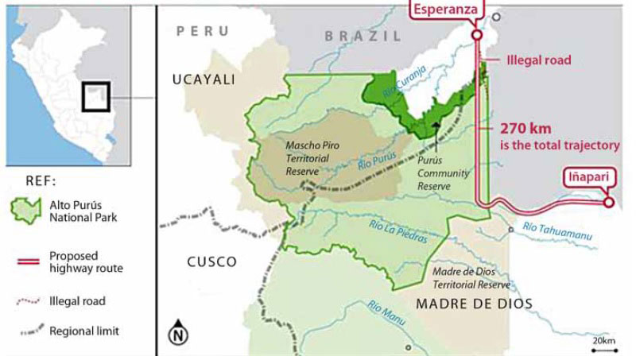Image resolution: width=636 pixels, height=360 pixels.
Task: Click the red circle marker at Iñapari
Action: point(609,203)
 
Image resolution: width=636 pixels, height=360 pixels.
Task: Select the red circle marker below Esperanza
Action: point(476,35)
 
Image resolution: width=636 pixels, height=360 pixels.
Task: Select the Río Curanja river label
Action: point(400,83)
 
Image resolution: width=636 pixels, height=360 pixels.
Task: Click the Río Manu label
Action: point(388,310)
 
